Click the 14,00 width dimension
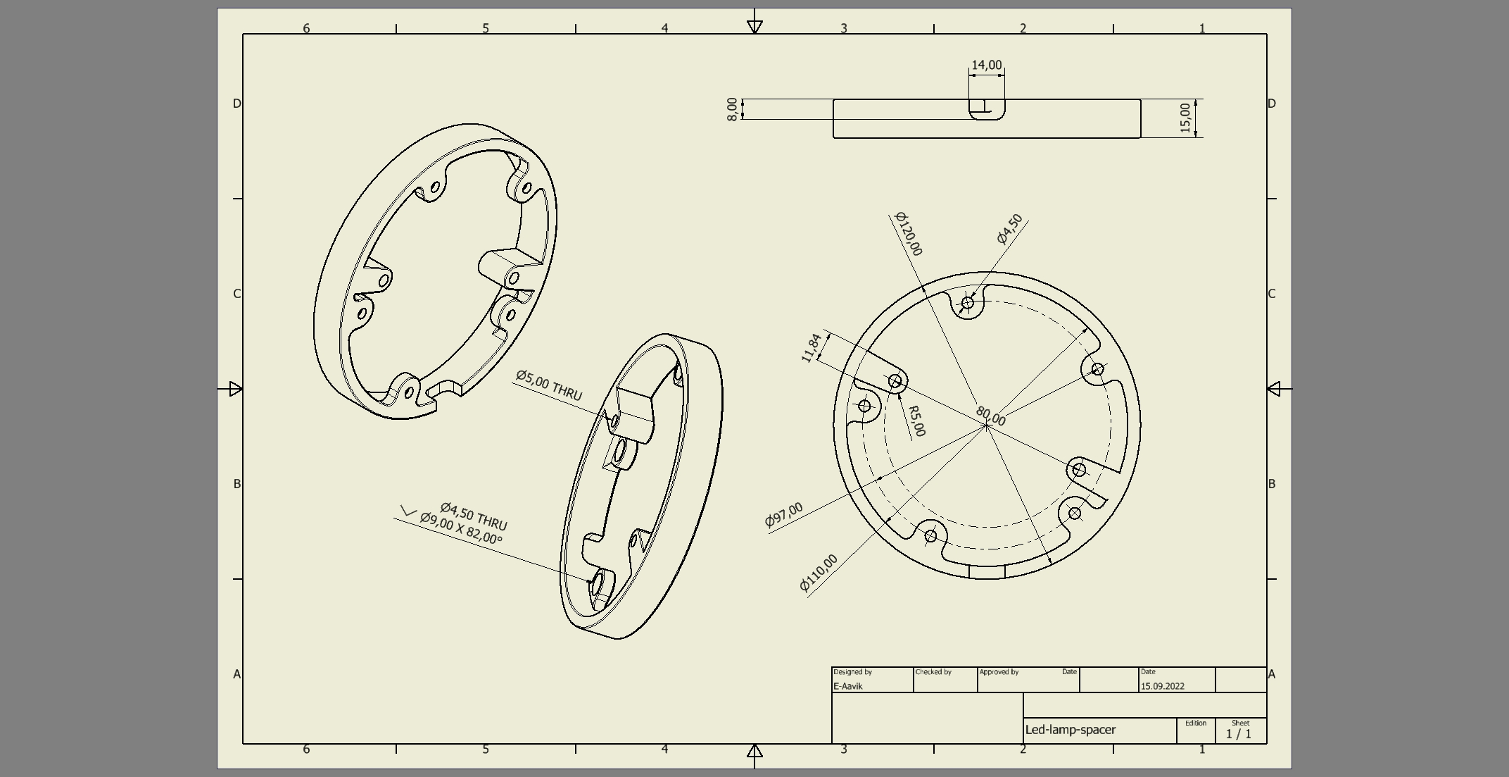pyautogui.click(x=986, y=66)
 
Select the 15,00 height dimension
pyautogui.click(x=1185, y=118)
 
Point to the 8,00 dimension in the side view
pyautogui.click(x=732, y=109)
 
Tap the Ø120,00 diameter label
pyautogui.click(x=909, y=234)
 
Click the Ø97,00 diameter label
pyautogui.click(x=783, y=515)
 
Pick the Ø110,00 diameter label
pyautogui.click(x=819, y=573)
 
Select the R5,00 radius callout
pyautogui.click(x=916, y=421)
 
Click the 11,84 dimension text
pyautogui.click(x=812, y=348)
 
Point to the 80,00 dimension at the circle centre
pyautogui.click(x=990, y=416)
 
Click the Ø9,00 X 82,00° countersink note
pyautogui.click(x=461, y=528)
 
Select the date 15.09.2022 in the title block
pyautogui.click(x=1162, y=686)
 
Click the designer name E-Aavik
pyautogui.click(x=847, y=686)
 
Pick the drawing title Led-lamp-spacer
pyautogui.click(x=1070, y=730)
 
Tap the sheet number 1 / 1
pyautogui.click(x=1239, y=734)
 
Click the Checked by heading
pyautogui.click(x=933, y=672)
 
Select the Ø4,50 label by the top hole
pyautogui.click(x=1010, y=229)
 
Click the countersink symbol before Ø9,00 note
pyautogui.click(x=408, y=511)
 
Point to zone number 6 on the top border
pyautogui.click(x=306, y=28)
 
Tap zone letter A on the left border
pyautogui.click(x=236, y=674)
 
